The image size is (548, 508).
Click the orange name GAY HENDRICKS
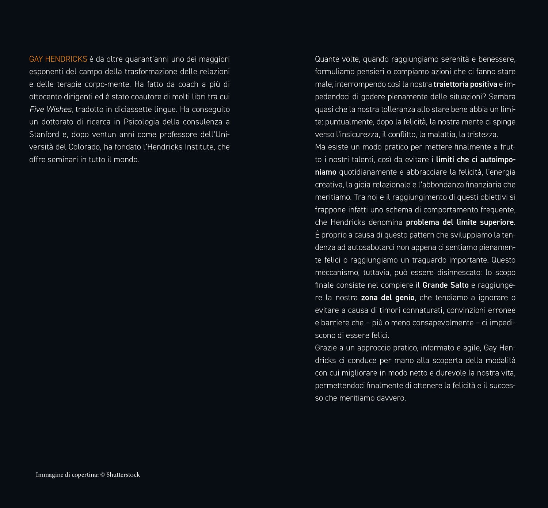point(58,59)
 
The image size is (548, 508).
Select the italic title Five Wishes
point(50,109)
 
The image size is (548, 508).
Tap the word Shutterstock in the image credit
point(123,475)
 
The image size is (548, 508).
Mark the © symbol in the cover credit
point(103,475)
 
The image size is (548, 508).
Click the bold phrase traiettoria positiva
point(465,84)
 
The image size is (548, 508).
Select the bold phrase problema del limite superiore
point(460,222)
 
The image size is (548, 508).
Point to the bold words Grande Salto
point(445,285)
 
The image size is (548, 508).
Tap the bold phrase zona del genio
point(388,298)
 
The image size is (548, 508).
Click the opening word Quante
point(327,59)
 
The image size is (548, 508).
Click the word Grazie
point(326,348)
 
